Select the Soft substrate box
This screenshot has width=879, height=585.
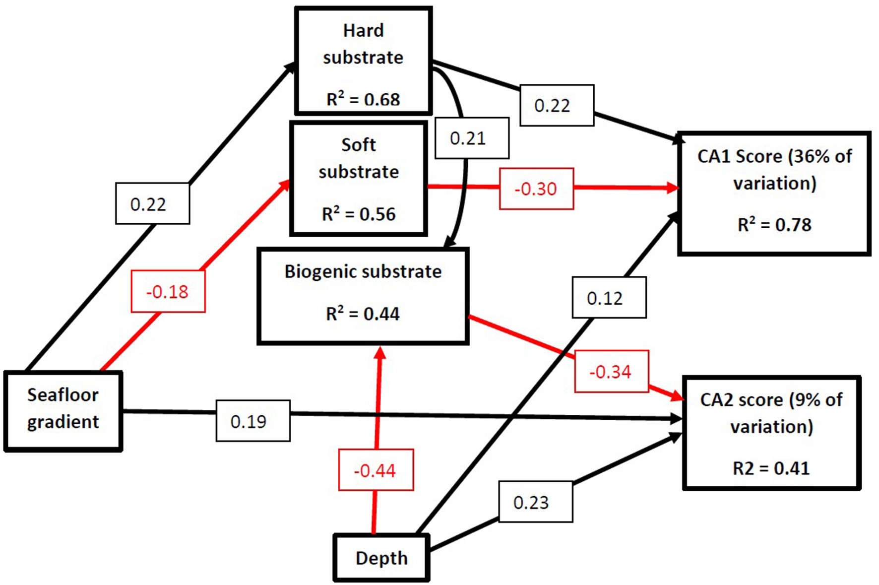point(359,179)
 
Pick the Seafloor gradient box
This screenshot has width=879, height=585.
point(63,411)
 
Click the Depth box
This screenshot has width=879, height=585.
point(381,558)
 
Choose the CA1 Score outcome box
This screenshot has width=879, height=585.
point(774,194)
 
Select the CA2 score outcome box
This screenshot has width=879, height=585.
point(771,433)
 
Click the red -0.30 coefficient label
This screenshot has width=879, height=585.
point(536,189)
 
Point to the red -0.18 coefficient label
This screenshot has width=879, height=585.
point(168,291)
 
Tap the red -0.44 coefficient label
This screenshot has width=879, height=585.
point(376,470)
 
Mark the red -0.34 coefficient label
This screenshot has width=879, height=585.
point(611,372)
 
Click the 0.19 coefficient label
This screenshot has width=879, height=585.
point(253,421)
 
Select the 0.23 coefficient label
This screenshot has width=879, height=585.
point(535,502)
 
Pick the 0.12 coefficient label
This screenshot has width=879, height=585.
point(609,298)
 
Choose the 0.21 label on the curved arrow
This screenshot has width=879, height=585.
point(472,138)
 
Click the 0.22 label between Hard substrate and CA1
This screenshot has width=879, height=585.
point(557,105)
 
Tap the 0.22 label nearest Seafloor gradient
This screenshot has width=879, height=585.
point(152,204)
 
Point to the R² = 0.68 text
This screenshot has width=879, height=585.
point(363,99)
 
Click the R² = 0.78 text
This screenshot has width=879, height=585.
point(774,225)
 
